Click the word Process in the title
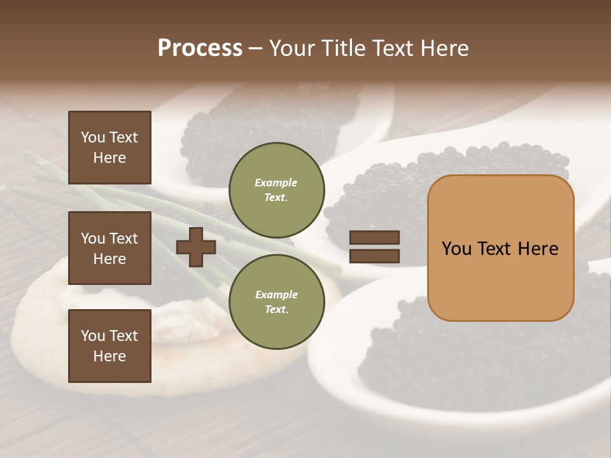[x=200, y=48]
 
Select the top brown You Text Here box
[x=109, y=148]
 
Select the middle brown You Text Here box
[x=109, y=248]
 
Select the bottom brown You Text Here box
[x=109, y=346]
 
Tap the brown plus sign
[x=195, y=247]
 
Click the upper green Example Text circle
[x=276, y=190]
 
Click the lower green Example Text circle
[x=276, y=302]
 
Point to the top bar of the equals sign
[x=374, y=237]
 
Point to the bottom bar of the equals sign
[x=374, y=256]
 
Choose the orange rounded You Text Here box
[x=500, y=248]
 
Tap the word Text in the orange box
[x=500, y=249]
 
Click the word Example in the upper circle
[x=276, y=183]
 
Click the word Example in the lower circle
[x=276, y=295]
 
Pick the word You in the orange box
[x=457, y=249]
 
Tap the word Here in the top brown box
[x=109, y=158]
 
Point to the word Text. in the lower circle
[x=276, y=309]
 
